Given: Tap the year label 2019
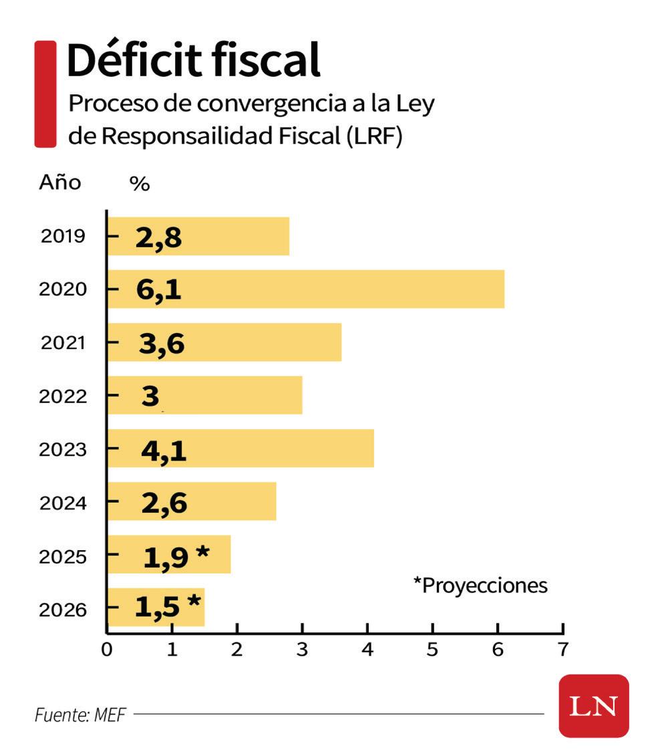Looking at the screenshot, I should (x=63, y=236).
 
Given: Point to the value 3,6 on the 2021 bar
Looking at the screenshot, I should (x=162, y=343).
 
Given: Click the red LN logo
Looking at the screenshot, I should (x=593, y=706).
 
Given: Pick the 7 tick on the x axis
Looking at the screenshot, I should (x=563, y=650).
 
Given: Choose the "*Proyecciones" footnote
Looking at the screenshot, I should (x=480, y=586).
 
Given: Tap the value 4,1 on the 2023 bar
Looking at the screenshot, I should (x=164, y=450).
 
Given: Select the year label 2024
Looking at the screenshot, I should (x=63, y=503).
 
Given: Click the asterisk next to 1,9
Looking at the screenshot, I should (x=202, y=553).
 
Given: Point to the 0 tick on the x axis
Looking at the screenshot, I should (x=107, y=650).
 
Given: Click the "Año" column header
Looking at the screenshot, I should (x=60, y=182).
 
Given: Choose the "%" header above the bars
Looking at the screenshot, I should (x=139, y=184).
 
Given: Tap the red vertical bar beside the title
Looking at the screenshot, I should (x=45, y=94).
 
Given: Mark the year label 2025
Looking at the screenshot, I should (x=63, y=556).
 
